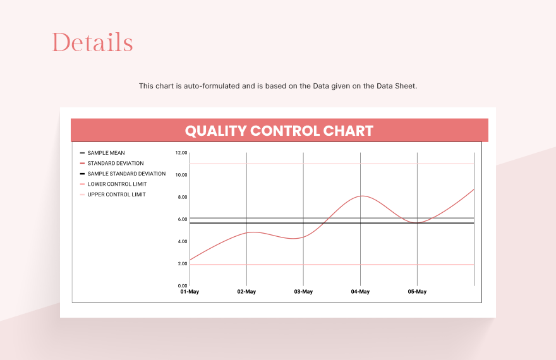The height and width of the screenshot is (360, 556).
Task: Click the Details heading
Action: [92, 43]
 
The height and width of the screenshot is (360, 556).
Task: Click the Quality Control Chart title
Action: [279, 131]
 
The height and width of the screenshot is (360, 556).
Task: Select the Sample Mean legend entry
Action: [106, 153]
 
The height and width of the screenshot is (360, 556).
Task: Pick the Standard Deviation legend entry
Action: [115, 164]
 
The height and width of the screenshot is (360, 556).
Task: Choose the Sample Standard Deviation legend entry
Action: [126, 174]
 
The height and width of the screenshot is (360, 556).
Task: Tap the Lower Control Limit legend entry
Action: [117, 184]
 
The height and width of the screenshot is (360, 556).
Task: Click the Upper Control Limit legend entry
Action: [116, 195]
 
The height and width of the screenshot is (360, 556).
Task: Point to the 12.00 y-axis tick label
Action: [181, 153]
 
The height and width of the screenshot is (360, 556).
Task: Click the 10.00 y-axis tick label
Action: [181, 175]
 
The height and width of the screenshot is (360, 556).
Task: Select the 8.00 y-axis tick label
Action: [182, 197]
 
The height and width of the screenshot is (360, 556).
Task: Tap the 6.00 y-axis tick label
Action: [182, 219]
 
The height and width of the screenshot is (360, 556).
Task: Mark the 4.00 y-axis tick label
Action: [182, 241]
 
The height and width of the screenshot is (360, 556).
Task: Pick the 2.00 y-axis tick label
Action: [182, 263]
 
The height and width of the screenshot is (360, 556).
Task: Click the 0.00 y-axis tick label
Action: [182, 285]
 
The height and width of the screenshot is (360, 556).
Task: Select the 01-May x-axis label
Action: [190, 292]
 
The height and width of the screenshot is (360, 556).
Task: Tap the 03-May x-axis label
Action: [303, 292]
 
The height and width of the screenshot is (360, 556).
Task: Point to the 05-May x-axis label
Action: [417, 292]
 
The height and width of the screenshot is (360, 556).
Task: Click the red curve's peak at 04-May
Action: [360, 196]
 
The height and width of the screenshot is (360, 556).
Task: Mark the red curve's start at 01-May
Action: [190, 260]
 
